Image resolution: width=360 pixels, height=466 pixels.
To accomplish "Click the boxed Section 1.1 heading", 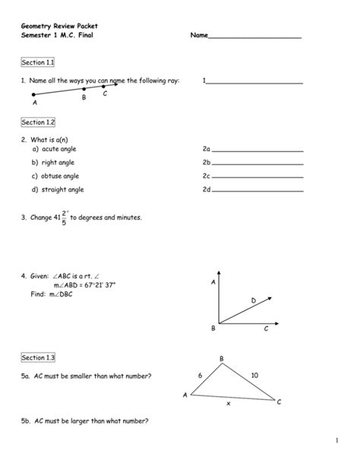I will coord(37,62).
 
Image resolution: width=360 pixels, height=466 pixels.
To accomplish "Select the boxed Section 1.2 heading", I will coord(37,122).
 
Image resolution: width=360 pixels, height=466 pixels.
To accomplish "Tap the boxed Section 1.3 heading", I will coord(37,357).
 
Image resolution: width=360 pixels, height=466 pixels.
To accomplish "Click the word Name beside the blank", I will coord(198,36).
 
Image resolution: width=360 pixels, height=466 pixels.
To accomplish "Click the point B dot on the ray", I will coord(84,89).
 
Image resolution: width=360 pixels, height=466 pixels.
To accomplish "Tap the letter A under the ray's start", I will coord(34,102).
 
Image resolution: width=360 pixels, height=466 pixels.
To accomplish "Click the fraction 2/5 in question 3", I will coord(63,217).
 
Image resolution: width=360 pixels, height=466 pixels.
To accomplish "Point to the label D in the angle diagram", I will coord(254,301).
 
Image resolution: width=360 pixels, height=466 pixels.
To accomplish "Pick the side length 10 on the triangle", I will coord(254,374).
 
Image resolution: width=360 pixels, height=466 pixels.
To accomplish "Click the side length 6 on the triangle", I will coord(201,375).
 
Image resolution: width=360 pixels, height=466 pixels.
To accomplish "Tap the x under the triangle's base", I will coord(228,404).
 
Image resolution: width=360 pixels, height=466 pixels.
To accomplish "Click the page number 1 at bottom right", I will coord(334,441).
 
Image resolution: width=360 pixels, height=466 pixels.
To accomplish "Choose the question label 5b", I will coord(25,420).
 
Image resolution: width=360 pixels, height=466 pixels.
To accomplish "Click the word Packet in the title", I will coord(86,25).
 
